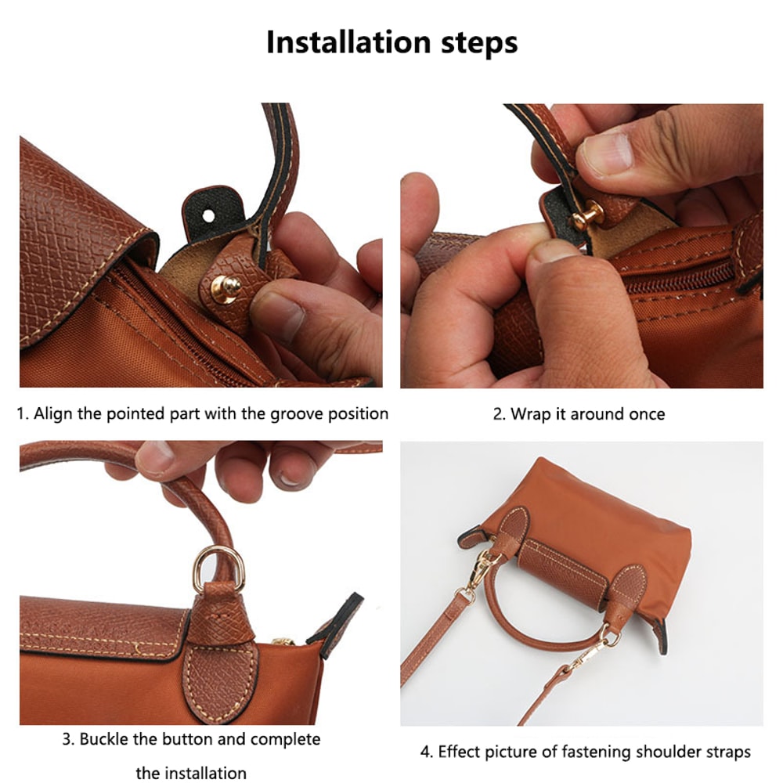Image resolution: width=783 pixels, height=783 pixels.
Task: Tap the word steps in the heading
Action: point(478,43)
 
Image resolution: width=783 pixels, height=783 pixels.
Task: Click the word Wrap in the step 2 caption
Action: point(530,414)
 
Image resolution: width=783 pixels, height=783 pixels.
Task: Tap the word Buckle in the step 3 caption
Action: point(106,739)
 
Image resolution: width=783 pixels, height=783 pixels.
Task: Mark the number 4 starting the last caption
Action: point(425,752)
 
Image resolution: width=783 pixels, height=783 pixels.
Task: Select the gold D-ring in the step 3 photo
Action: point(218,565)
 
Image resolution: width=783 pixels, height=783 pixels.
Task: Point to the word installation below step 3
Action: point(191,773)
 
